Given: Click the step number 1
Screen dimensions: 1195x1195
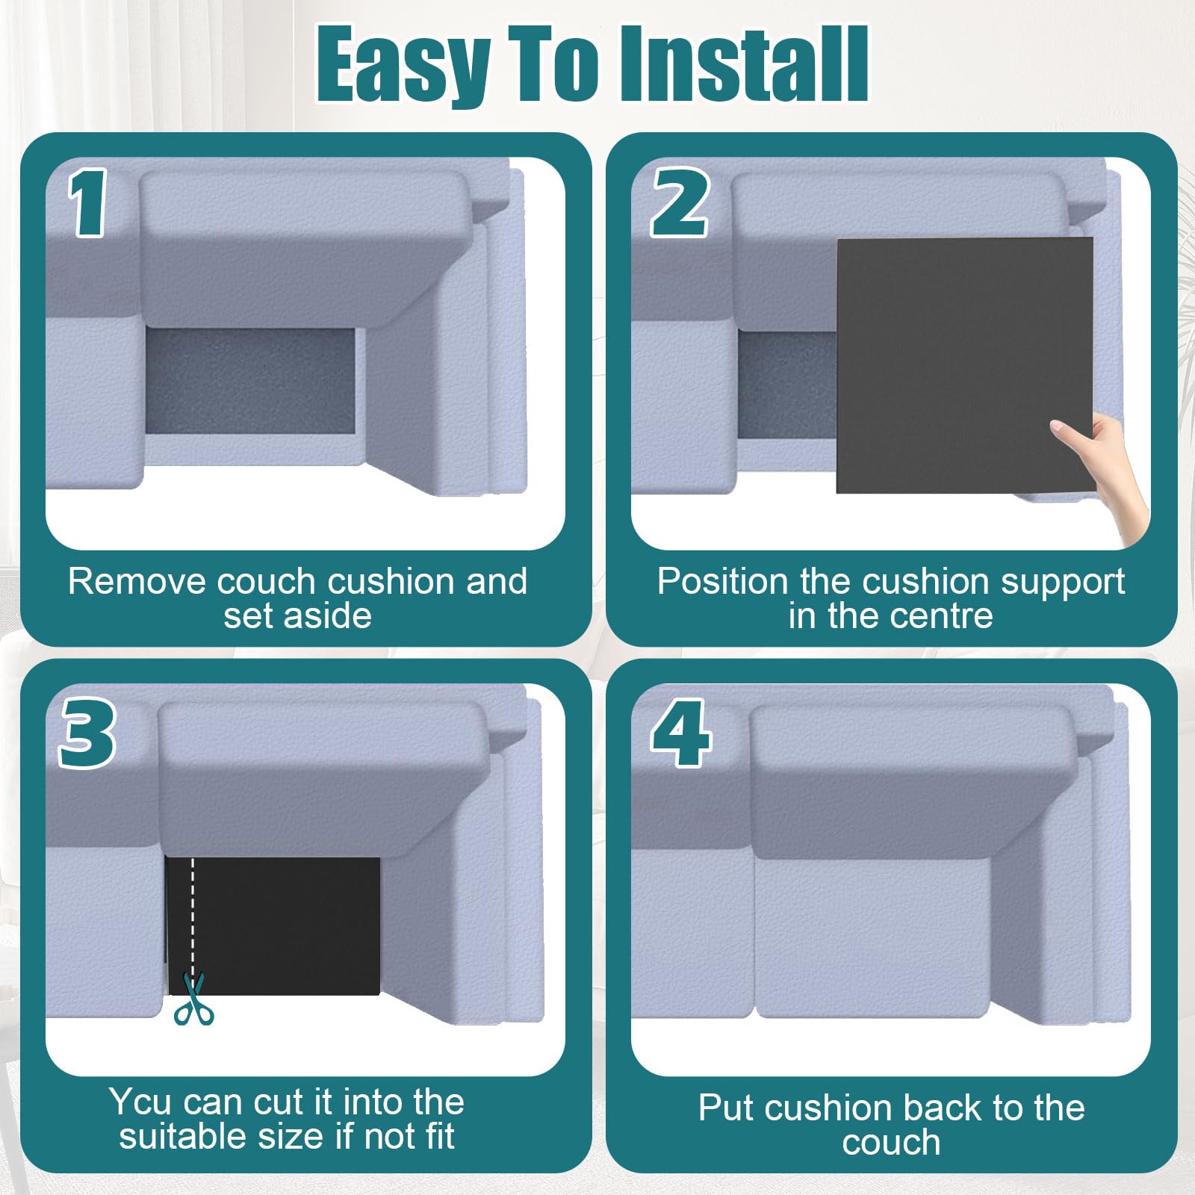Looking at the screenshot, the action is tap(89, 202).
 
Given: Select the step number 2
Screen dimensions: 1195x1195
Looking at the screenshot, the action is tap(680, 202).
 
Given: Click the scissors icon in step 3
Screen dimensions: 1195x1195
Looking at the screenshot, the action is tap(193, 999).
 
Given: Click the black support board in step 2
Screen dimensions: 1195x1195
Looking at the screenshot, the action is tap(965, 365).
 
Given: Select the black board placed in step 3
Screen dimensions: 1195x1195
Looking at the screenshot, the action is tap(273, 926).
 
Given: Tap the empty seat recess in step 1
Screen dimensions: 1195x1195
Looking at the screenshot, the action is tap(251, 381).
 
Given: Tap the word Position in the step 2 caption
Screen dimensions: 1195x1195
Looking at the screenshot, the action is tap(722, 581).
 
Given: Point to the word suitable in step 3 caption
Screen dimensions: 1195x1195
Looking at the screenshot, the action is tap(183, 1137).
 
